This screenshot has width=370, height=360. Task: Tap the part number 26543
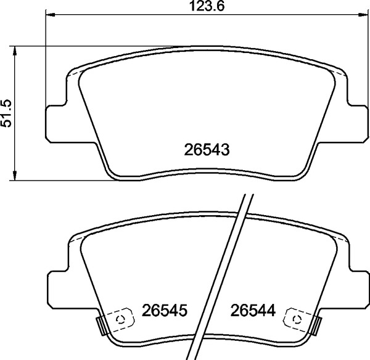[207, 150]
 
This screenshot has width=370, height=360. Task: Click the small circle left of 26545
[120, 318]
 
